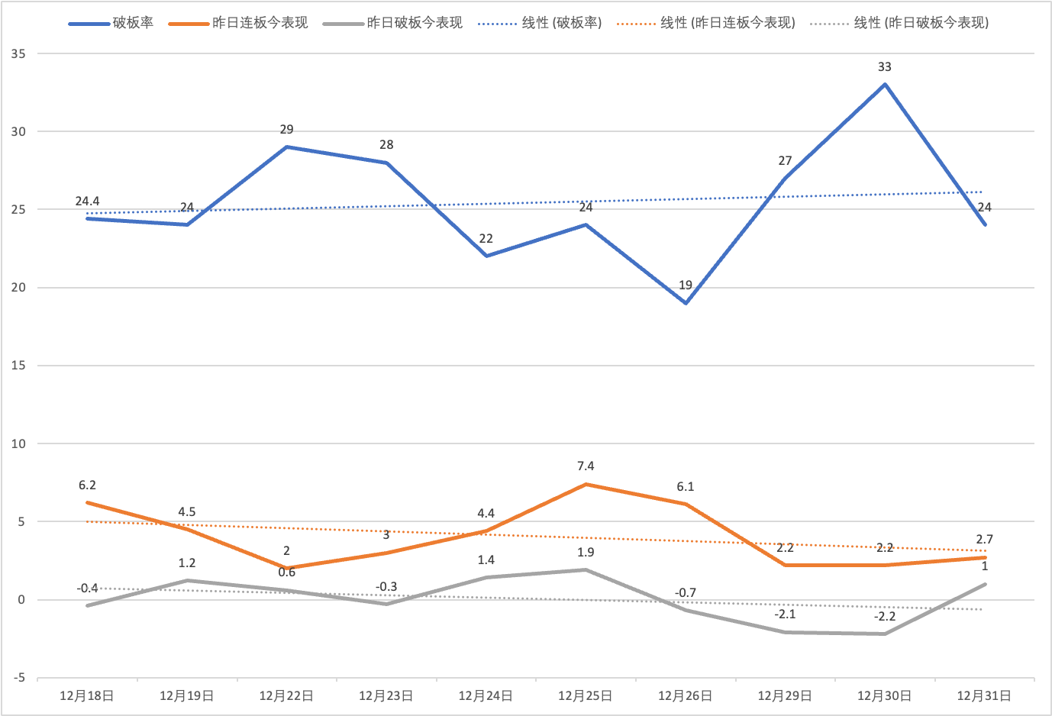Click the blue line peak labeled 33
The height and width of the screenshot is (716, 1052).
point(885,84)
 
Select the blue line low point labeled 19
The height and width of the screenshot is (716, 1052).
point(686,303)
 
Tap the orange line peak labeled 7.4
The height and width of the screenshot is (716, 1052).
point(586,484)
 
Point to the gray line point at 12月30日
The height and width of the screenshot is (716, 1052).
point(885,634)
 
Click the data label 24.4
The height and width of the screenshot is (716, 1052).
point(87,202)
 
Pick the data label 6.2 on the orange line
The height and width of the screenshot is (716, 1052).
point(87,485)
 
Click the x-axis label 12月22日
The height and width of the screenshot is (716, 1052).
point(286,696)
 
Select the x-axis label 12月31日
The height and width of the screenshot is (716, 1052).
point(984,696)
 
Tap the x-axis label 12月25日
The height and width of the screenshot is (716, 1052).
point(586,696)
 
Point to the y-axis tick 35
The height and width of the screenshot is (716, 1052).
point(18,53)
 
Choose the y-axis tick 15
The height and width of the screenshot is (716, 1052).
point(18,366)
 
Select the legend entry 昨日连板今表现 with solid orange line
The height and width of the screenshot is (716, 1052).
point(239,23)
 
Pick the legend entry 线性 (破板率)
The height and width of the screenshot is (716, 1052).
point(540,23)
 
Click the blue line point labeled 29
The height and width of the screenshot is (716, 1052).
point(286,147)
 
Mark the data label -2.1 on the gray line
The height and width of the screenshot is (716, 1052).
point(785,614)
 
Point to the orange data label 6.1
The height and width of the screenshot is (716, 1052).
point(686,487)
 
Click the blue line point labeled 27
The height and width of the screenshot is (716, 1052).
point(785,178)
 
